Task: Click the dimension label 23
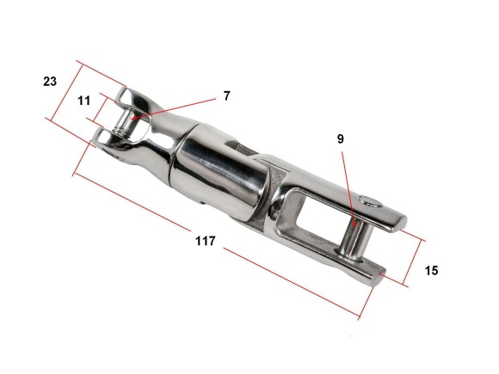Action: (x=50, y=82)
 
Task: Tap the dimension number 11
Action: (x=83, y=101)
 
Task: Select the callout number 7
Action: (x=226, y=95)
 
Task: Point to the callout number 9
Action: (x=341, y=139)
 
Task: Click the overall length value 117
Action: (x=206, y=241)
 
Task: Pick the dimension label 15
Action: (x=431, y=271)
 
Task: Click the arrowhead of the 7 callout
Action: (x=133, y=119)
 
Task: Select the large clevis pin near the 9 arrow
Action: (x=355, y=240)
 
